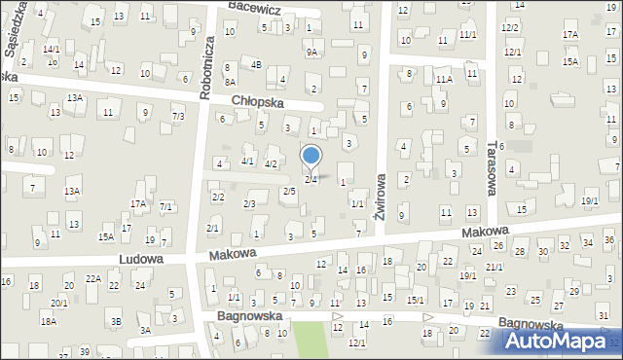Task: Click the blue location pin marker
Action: [x=311, y=156]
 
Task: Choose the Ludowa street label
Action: [x=141, y=260]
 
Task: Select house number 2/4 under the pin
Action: [x=311, y=179]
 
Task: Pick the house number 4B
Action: [x=256, y=65]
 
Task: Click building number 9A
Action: [x=311, y=52]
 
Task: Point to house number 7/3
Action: [x=178, y=117]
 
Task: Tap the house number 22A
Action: [x=93, y=279]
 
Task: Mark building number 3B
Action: [x=116, y=321]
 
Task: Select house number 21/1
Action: [x=495, y=267]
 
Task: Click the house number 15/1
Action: [x=415, y=300]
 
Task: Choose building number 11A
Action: [x=445, y=79]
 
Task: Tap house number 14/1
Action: [x=52, y=49]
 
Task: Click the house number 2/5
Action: [x=289, y=191]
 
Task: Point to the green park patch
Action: [x=310, y=340]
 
